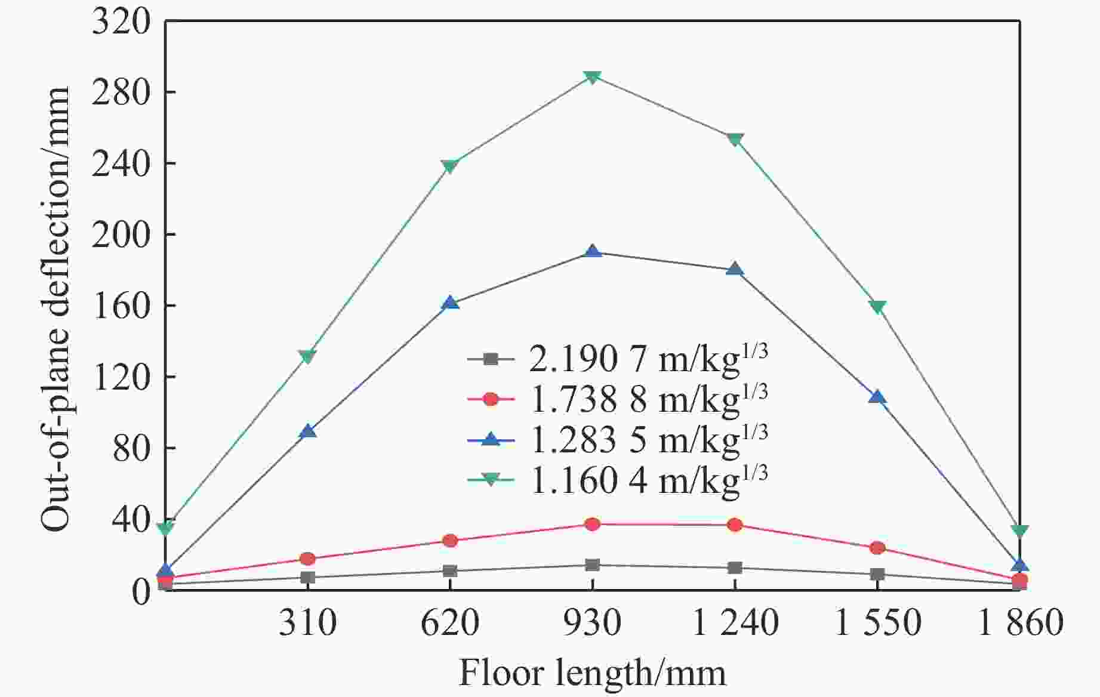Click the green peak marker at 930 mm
point(592,77)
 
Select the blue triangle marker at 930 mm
point(592,251)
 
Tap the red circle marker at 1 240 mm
point(735,525)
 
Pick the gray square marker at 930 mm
point(592,565)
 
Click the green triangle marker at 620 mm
point(450,166)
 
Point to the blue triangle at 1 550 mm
point(877,397)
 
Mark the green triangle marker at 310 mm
point(307,357)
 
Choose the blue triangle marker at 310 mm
point(307,431)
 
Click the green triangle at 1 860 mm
point(1019,531)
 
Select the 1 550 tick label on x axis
point(877,623)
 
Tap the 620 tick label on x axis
point(450,623)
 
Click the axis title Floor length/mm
point(592,673)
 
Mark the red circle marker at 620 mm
point(450,541)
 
